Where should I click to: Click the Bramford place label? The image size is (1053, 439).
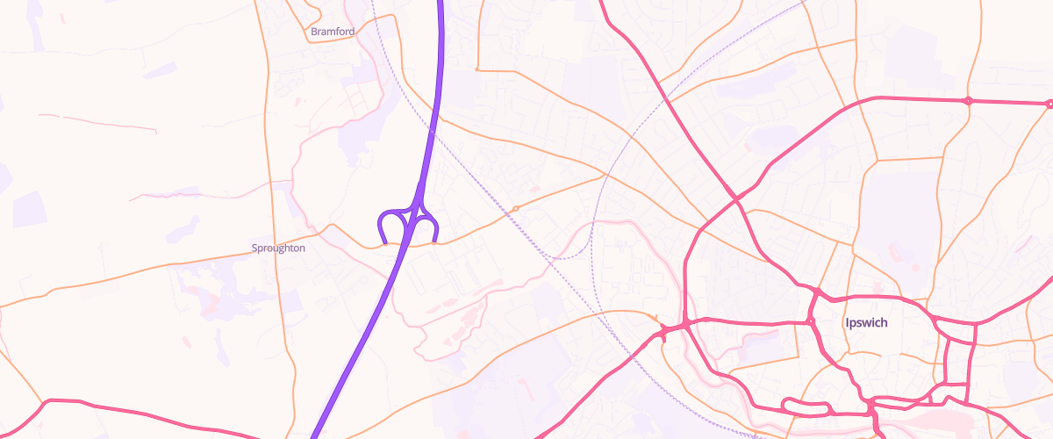(x=333, y=32)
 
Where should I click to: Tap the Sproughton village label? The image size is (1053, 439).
(x=278, y=248)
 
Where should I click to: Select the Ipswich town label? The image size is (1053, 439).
(x=866, y=323)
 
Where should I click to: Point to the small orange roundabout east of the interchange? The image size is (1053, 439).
(x=516, y=209)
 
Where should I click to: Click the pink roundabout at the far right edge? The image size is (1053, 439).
(x=1049, y=104)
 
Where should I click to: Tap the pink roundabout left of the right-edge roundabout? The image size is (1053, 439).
(x=968, y=101)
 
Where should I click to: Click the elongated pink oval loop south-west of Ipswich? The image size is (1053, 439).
(x=805, y=407)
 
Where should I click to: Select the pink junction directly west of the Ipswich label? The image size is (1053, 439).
(x=808, y=320)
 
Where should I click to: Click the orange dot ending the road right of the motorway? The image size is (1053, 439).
(x=476, y=68)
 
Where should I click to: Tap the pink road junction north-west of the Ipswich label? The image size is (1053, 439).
(x=816, y=291)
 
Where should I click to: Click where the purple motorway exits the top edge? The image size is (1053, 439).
(x=440, y=3)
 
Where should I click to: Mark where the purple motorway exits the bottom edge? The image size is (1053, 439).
(x=313, y=436)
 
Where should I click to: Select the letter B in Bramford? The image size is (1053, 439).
(x=314, y=32)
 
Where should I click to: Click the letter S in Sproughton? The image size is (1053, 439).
(x=254, y=248)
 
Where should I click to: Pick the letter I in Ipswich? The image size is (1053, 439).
(x=847, y=323)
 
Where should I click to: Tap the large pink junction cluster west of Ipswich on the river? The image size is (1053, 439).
(x=670, y=329)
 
